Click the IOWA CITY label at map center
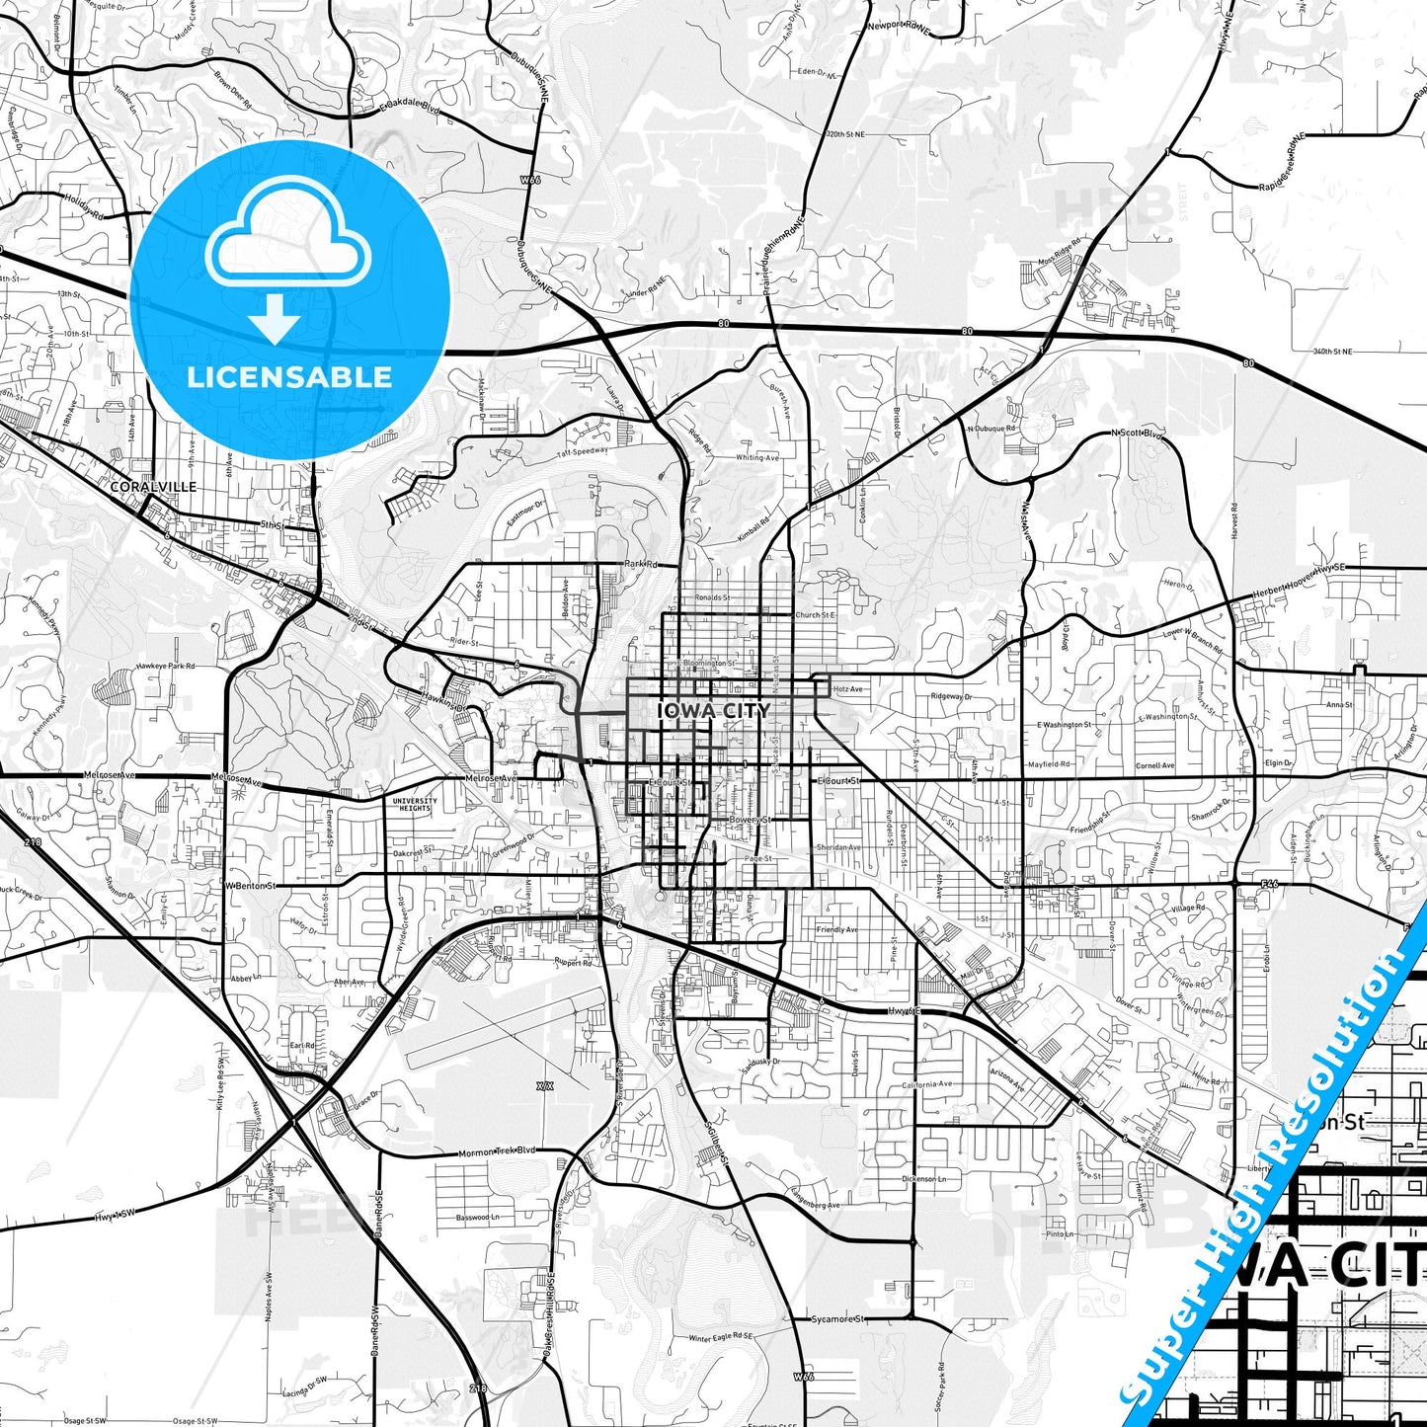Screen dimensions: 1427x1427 point(713,710)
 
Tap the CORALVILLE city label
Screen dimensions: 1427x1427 point(153,487)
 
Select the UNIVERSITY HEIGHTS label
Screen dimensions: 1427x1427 point(414,805)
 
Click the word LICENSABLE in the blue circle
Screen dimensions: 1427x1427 point(289,376)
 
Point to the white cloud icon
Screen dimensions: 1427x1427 point(287,237)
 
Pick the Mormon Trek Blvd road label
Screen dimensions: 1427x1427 point(497,1152)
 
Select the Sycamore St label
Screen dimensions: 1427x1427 point(837,1318)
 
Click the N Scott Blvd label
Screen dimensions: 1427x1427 point(1139,433)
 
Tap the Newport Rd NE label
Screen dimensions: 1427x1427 point(899,28)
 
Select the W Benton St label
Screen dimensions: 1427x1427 point(250,886)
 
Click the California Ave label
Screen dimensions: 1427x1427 point(927,1084)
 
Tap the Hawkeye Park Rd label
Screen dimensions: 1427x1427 point(166,666)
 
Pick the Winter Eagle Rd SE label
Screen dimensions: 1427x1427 point(721,1338)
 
